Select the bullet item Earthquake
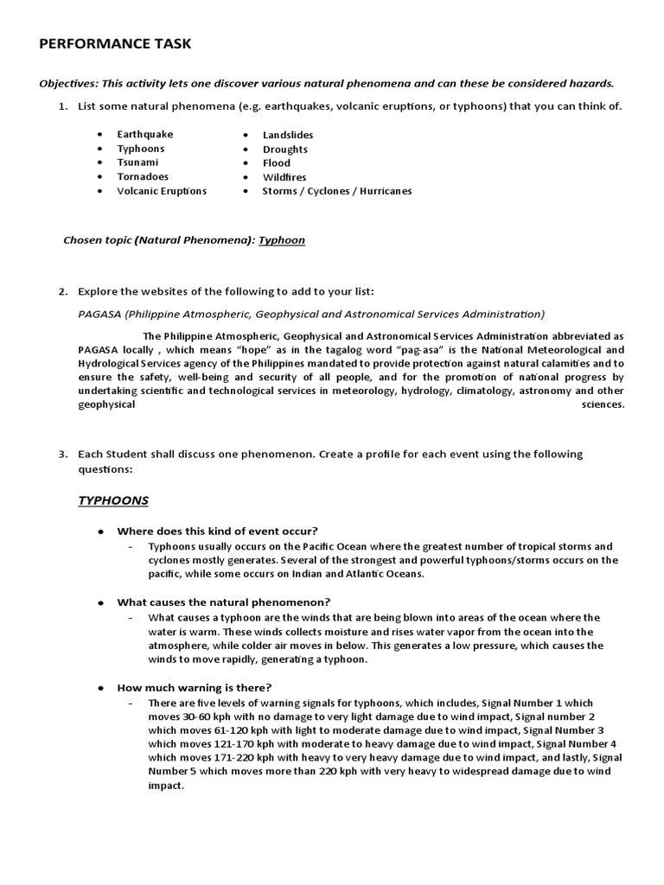click(145, 134)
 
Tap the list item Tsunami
click(138, 162)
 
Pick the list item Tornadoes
click(143, 176)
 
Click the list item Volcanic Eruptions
click(162, 191)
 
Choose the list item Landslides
click(288, 135)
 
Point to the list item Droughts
click(284, 149)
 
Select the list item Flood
click(277, 162)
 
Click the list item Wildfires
click(284, 177)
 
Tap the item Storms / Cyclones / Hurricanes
click(337, 191)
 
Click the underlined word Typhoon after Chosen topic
click(282, 239)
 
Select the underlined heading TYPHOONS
click(113, 500)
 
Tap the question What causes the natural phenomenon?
click(224, 602)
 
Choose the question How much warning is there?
click(195, 687)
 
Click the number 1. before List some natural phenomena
click(62, 106)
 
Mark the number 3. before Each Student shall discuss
click(62, 454)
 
